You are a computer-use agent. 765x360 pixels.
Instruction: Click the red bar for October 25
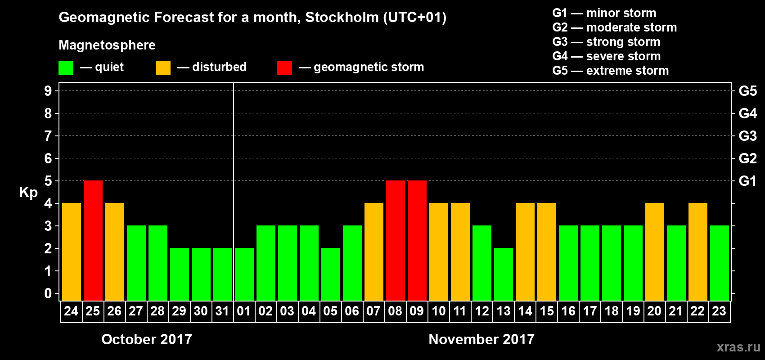(93, 240)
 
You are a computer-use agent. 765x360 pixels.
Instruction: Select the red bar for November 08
(396, 240)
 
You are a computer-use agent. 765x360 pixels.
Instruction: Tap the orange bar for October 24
(72, 252)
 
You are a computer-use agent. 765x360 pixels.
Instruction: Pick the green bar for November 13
(504, 274)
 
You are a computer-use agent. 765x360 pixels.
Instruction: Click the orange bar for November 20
(655, 252)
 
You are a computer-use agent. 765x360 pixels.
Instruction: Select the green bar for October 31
(223, 274)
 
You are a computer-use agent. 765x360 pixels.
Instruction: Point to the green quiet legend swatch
(66, 68)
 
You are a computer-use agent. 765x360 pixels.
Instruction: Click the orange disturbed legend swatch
(163, 68)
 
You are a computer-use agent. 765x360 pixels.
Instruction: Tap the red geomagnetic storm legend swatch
(284, 68)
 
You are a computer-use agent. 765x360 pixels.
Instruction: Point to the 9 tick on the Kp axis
(48, 91)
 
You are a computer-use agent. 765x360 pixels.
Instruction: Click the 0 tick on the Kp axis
(48, 294)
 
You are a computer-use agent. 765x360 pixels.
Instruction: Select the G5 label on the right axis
(747, 91)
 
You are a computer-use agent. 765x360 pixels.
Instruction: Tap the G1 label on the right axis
(747, 181)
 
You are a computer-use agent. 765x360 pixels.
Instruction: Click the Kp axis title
(28, 193)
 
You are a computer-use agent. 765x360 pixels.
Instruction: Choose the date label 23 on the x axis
(719, 311)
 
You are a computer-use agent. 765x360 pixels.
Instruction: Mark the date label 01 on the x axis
(244, 311)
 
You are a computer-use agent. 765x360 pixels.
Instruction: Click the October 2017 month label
(147, 339)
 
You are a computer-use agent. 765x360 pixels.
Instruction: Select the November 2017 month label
(481, 339)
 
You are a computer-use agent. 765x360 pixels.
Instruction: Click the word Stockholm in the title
(342, 18)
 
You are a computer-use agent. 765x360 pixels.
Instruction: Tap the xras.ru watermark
(738, 346)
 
